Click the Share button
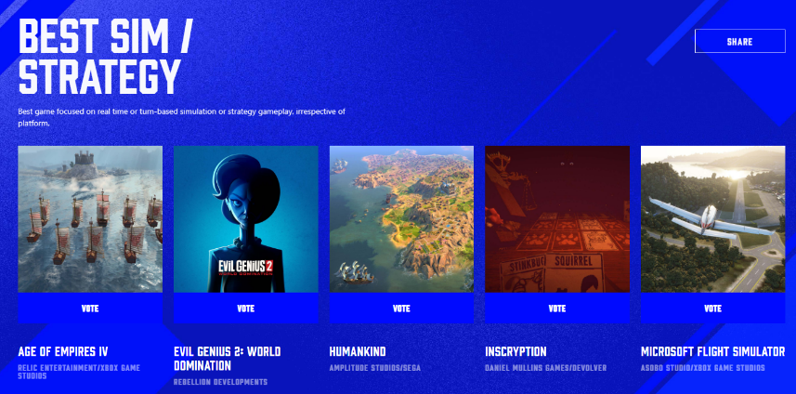coord(739,41)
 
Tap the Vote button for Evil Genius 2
coord(246,309)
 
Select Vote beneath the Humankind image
coord(401,309)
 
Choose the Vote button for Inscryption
coord(557,309)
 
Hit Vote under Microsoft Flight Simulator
coord(712,309)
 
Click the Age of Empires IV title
coord(63,352)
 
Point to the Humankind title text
coord(358,352)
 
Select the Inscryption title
coord(515,352)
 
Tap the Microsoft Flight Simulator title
coord(712,352)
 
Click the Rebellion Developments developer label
coord(220,382)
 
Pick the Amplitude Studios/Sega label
coord(374,368)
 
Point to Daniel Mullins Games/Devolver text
coord(546,368)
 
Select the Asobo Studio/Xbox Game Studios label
coord(703,368)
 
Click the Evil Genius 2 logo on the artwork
coord(246,268)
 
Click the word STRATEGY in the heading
coord(99,77)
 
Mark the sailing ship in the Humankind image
coord(355,272)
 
